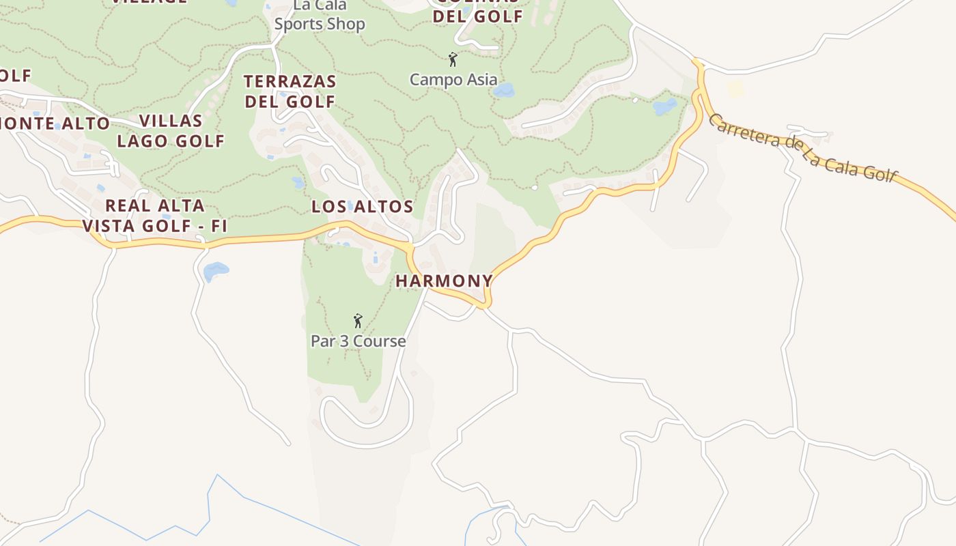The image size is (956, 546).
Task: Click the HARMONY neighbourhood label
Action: click(x=444, y=281)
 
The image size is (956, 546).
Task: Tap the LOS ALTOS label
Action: click(x=363, y=207)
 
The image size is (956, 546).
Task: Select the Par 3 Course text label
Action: click(x=358, y=341)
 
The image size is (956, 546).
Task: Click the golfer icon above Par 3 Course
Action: click(x=357, y=320)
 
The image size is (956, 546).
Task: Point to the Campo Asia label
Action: click(x=453, y=79)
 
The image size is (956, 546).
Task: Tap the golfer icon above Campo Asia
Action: click(x=452, y=59)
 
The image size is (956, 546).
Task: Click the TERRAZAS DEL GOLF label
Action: click(x=290, y=91)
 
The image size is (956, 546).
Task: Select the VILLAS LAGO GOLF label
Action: click(x=171, y=131)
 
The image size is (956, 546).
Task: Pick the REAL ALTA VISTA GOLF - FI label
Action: click(x=154, y=216)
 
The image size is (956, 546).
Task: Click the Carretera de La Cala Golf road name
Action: click(x=802, y=148)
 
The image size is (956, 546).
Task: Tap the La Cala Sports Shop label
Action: click(x=320, y=15)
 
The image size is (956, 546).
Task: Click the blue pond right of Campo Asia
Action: click(x=504, y=90)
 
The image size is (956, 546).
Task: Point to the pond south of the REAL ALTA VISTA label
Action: click(x=216, y=271)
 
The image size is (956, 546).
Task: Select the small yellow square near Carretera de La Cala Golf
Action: click(x=735, y=89)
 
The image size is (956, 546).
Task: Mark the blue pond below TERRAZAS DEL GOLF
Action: click(x=298, y=182)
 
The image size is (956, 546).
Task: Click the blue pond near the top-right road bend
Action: click(x=664, y=106)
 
